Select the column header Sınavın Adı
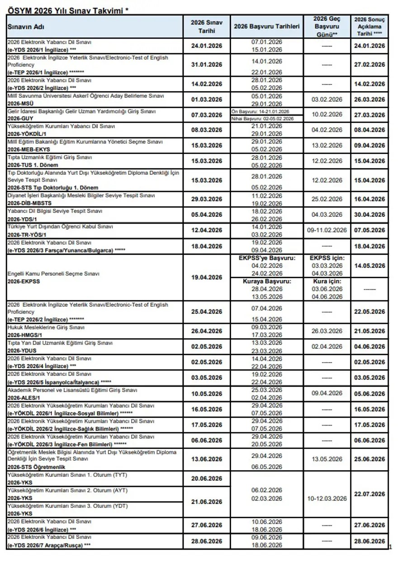point(26,27)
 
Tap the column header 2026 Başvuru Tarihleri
point(266,27)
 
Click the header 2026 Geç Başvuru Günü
point(327,27)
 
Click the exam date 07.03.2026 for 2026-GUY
point(206,115)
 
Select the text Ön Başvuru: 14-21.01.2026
point(260,111)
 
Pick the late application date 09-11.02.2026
point(327,230)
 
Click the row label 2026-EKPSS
point(24,281)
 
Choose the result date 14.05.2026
point(369,266)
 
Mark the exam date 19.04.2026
point(206,277)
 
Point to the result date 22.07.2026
point(369,494)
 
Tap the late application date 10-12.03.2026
point(327,498)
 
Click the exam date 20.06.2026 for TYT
point(206,479)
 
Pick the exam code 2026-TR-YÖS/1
point(27,235)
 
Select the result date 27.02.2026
point(369,65)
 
